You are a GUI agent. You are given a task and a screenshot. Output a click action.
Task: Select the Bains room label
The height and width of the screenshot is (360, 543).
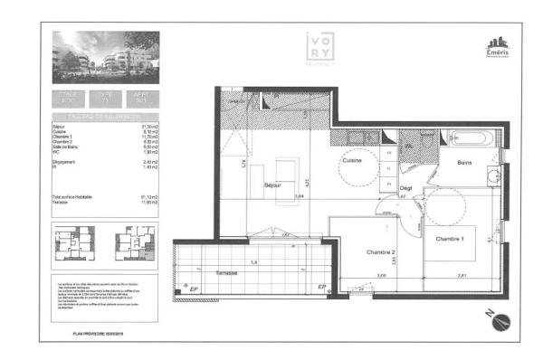coord(464,164)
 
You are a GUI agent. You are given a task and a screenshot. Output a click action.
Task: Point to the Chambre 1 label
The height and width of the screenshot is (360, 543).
coord(450,238)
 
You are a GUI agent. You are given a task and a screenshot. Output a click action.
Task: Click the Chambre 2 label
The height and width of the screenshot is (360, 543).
coord(381,252)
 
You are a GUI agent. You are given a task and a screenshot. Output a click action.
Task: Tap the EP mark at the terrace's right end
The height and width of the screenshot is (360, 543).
coord(321,288)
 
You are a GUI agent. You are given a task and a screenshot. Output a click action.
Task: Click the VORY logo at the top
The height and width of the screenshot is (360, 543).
coord(321,51)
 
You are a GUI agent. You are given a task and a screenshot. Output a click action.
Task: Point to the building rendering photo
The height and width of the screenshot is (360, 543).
coord(106,56)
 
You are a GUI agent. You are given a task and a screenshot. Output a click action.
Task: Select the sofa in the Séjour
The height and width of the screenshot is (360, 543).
coord(289,172)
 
